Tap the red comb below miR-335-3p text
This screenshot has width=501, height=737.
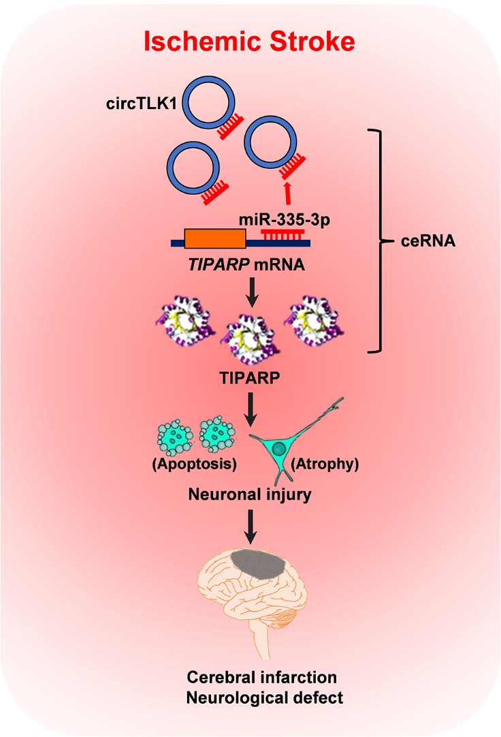point(279,235)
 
